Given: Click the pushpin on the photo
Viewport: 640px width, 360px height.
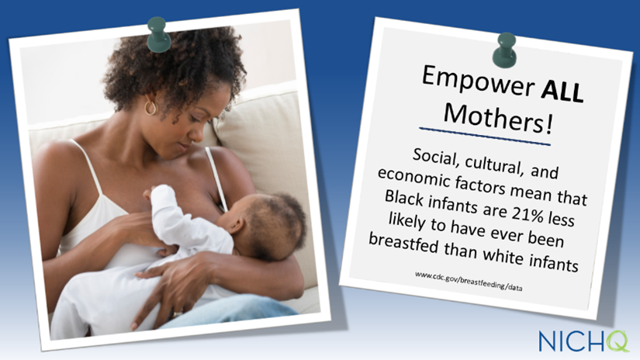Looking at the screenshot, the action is coord(158,35).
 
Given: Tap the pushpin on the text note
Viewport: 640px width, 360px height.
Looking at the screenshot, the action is coord(504,50).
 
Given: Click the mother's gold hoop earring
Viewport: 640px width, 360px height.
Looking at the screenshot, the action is coord(150,108).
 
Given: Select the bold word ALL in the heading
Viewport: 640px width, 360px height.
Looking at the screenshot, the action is coord(562,90).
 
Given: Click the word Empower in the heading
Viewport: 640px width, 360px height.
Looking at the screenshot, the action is coord(478,81).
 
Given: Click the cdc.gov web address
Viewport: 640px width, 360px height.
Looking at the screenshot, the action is coord(469,281).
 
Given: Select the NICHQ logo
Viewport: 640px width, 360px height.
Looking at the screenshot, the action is coord(583,341).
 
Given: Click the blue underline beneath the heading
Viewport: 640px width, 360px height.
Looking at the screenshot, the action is coord(485,137).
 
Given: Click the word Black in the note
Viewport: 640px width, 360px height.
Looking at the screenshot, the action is coord(403,199).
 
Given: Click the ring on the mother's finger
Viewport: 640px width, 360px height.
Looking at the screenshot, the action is coord(178,314).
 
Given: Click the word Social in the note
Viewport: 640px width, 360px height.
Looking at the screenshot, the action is coord(435,157).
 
